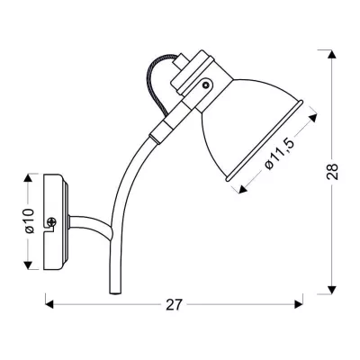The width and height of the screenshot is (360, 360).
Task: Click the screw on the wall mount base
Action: [x=53, y=221]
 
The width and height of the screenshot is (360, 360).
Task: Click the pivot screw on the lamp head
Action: [x=206, y=86]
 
